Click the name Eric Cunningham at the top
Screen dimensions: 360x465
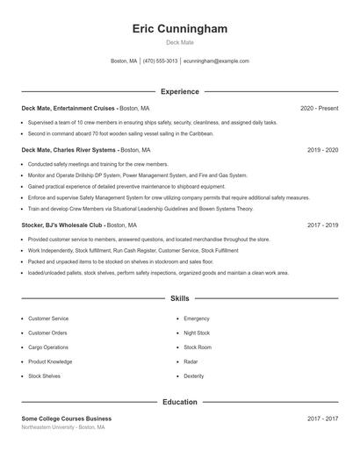click(x=179, y=29)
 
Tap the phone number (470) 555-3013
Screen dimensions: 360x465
click(x=160, y=61)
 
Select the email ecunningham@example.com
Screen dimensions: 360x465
click(x=216, y=61)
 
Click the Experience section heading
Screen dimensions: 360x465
click(x=179, y=91)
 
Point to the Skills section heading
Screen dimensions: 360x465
click(x=179, y=299)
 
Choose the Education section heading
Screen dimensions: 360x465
click(x=179, y=402)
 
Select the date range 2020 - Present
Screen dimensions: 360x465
click(x=319, y=108)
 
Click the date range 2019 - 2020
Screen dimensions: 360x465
click(x=322, y=150)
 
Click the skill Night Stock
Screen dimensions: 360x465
click(x=197, y=333)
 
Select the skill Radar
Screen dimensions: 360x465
click(x=191, y=361)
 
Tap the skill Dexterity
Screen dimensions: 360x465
click(x=194, y=376)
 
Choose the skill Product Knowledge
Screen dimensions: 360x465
click(x=50, y=361)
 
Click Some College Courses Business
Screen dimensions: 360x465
click(x=67, y=418)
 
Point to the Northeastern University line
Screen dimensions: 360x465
click(x=63, y=427)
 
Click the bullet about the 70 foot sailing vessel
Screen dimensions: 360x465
click(x=120, y=133)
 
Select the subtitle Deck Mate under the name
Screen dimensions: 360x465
click(x=179, y=42)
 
